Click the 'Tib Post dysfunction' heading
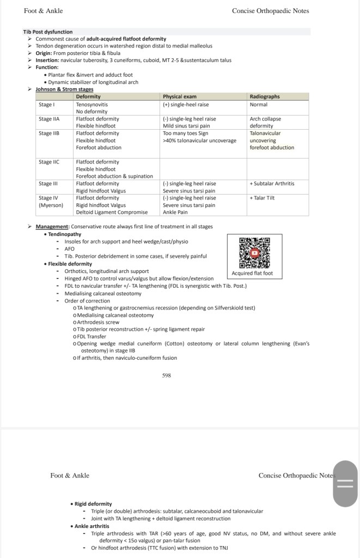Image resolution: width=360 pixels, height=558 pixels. click(48, 32)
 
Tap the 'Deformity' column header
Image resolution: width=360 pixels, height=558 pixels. click(88, 96)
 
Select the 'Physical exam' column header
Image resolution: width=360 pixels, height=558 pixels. click(180, 96)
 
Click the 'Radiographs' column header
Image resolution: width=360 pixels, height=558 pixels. click(265, 96)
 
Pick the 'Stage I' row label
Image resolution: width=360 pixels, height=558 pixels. click(47, 104)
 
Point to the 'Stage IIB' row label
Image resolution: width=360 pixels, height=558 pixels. click(49, 133)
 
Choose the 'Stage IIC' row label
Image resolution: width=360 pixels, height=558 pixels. click(49, 162)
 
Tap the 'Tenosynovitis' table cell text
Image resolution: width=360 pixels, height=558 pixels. click(92, 104)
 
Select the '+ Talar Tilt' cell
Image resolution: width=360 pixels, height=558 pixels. click(262, 198)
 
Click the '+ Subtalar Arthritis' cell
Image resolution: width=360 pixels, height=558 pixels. click(272, 184)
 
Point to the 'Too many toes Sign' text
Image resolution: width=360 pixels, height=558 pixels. click(185, 133)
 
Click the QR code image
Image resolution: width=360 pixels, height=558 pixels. click(254, 252)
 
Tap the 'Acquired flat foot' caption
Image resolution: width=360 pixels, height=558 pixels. click(252, 273)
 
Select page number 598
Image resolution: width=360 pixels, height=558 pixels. click(167, 375)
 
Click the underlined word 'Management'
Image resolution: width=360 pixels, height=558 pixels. click(52, 227)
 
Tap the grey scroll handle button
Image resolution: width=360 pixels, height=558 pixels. click(345, 483)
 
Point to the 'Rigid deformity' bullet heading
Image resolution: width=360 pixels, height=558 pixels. click(93, 504)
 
